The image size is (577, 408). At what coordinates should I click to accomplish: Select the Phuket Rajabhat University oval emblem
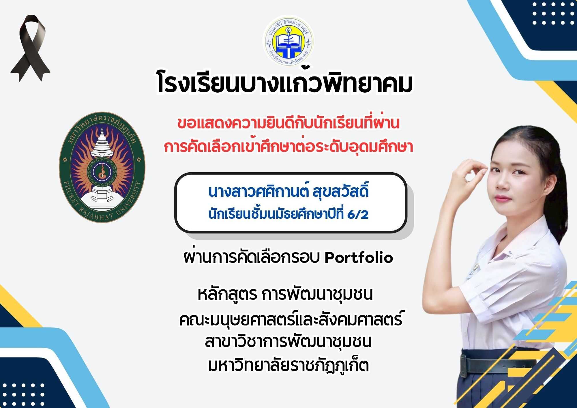click(x=102, y=167)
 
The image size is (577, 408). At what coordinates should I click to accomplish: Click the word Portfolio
click(x=359, y=258)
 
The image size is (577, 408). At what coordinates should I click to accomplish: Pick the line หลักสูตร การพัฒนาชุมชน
click(x=285, y=295)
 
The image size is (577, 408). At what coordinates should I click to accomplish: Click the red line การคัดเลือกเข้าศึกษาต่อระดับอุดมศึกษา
click(x=288, y=147)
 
